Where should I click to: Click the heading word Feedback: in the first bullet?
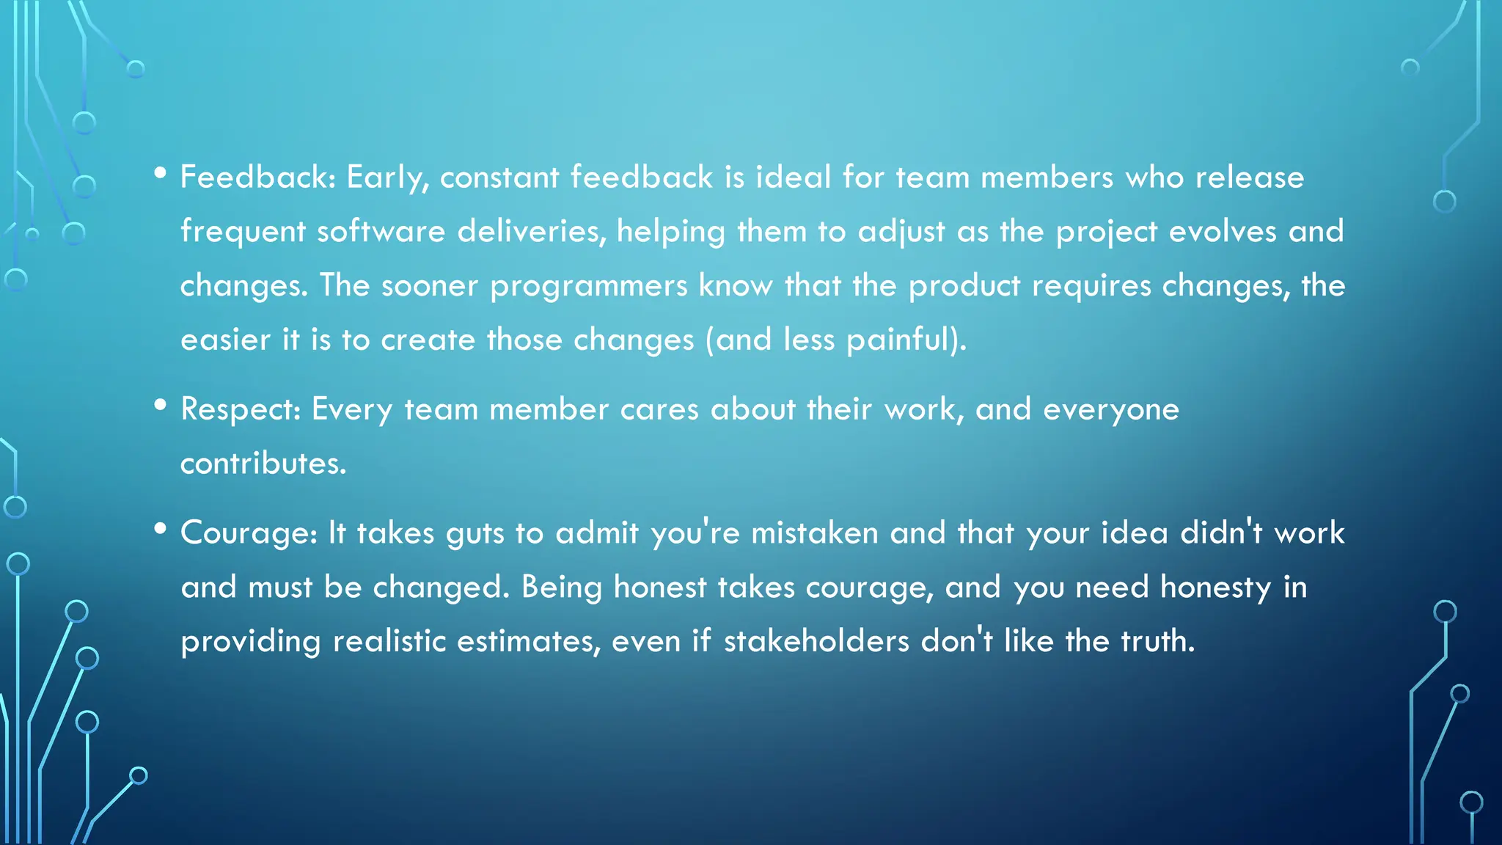point(257,178)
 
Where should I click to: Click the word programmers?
point(588,287)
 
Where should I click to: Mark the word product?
point(964,287)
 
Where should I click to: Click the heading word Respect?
point(241,409)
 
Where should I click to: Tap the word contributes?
point(263,464)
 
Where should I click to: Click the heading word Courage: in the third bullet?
point(249,533)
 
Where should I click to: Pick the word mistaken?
point(814,533)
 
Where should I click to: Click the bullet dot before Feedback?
point(161,175)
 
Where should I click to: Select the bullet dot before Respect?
point(161,406)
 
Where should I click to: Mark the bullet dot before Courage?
point(161,530)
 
